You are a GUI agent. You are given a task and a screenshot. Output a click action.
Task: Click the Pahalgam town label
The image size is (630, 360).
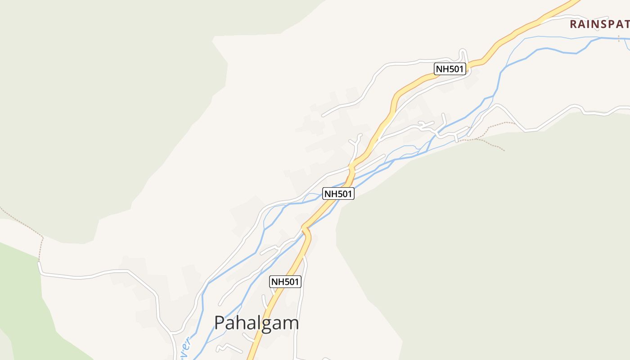(256, 323)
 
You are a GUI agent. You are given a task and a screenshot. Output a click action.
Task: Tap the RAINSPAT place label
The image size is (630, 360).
(599, 24)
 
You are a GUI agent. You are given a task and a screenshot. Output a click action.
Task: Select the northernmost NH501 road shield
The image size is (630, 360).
(450, 69)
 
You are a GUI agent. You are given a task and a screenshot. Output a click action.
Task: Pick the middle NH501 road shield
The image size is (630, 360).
(338, 193)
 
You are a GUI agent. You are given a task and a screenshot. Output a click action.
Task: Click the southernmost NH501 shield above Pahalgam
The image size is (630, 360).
(285, 282)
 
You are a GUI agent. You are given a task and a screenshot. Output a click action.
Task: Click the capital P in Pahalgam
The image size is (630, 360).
(220, 323)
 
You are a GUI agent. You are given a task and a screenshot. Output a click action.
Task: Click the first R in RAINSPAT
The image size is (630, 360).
(573, 24)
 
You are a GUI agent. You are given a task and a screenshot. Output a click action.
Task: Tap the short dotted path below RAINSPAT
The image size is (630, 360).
(619, 38)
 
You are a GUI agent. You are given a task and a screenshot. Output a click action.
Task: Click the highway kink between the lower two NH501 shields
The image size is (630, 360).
(306, 229)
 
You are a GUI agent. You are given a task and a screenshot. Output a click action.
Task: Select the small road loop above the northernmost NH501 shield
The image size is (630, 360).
(463, 55)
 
